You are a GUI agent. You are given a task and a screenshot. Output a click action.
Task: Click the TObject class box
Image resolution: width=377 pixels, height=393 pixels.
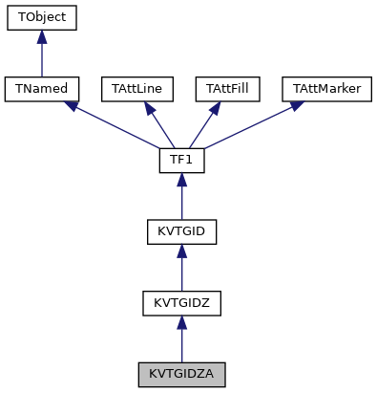(x=41, y=17)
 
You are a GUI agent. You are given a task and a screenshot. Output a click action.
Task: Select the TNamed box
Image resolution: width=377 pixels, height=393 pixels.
(x=41, y=89)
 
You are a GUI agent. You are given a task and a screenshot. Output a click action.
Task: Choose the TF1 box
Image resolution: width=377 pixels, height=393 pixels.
(x=181, y=161)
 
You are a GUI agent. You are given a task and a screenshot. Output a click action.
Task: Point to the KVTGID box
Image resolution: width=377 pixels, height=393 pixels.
(x=181, y=231)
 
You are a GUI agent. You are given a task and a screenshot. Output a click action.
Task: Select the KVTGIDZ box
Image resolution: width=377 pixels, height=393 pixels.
(x=181, y=303)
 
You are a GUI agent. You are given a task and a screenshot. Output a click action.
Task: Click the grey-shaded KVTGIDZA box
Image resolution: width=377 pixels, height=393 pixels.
(x=181, y=374)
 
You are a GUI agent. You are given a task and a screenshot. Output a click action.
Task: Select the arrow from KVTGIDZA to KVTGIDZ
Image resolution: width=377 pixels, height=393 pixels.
(x=181, y=340)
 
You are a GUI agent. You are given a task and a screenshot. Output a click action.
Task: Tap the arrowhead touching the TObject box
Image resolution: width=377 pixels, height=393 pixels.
(x=41, y=37)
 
